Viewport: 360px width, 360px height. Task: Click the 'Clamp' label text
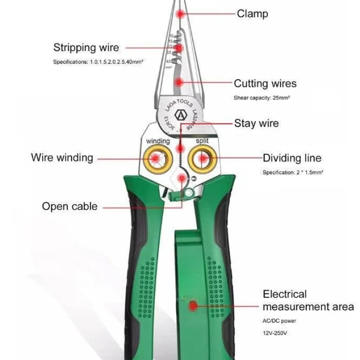(x=252, y=14)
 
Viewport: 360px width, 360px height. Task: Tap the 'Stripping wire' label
(x=86, y=48)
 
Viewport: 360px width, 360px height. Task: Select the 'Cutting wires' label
(x=265, y=84)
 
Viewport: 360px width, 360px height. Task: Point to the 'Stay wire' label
(x=256, y=123)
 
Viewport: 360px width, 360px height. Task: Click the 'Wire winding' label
(x=62, y=158)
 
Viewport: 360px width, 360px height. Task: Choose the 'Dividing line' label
(x=292, y=158)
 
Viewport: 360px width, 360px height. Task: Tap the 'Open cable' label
(x=70, y=206)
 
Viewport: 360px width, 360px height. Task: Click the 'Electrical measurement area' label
(x=308, y=301)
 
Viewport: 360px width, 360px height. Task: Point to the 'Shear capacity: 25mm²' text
(x=262, y=98)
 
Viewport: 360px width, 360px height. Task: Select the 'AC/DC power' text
(x=279, y=321)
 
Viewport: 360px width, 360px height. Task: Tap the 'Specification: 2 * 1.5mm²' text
(x=293, y=173)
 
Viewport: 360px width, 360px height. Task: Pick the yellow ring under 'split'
(x=203, y=159)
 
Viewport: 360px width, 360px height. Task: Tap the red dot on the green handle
(x=192, y=306)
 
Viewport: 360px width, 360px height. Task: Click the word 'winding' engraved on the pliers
(x=158, y=141)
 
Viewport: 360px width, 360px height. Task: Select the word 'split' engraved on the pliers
(x=202, y=141)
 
